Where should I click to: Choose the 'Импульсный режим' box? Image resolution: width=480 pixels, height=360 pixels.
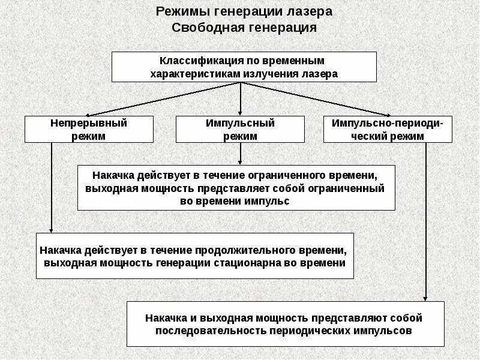point(240,129)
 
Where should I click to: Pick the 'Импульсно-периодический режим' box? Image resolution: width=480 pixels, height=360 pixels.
point(388,129)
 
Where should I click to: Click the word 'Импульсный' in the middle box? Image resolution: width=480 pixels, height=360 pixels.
point(240,123)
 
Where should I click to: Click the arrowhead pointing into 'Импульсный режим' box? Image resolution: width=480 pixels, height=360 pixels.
point(240,113)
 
